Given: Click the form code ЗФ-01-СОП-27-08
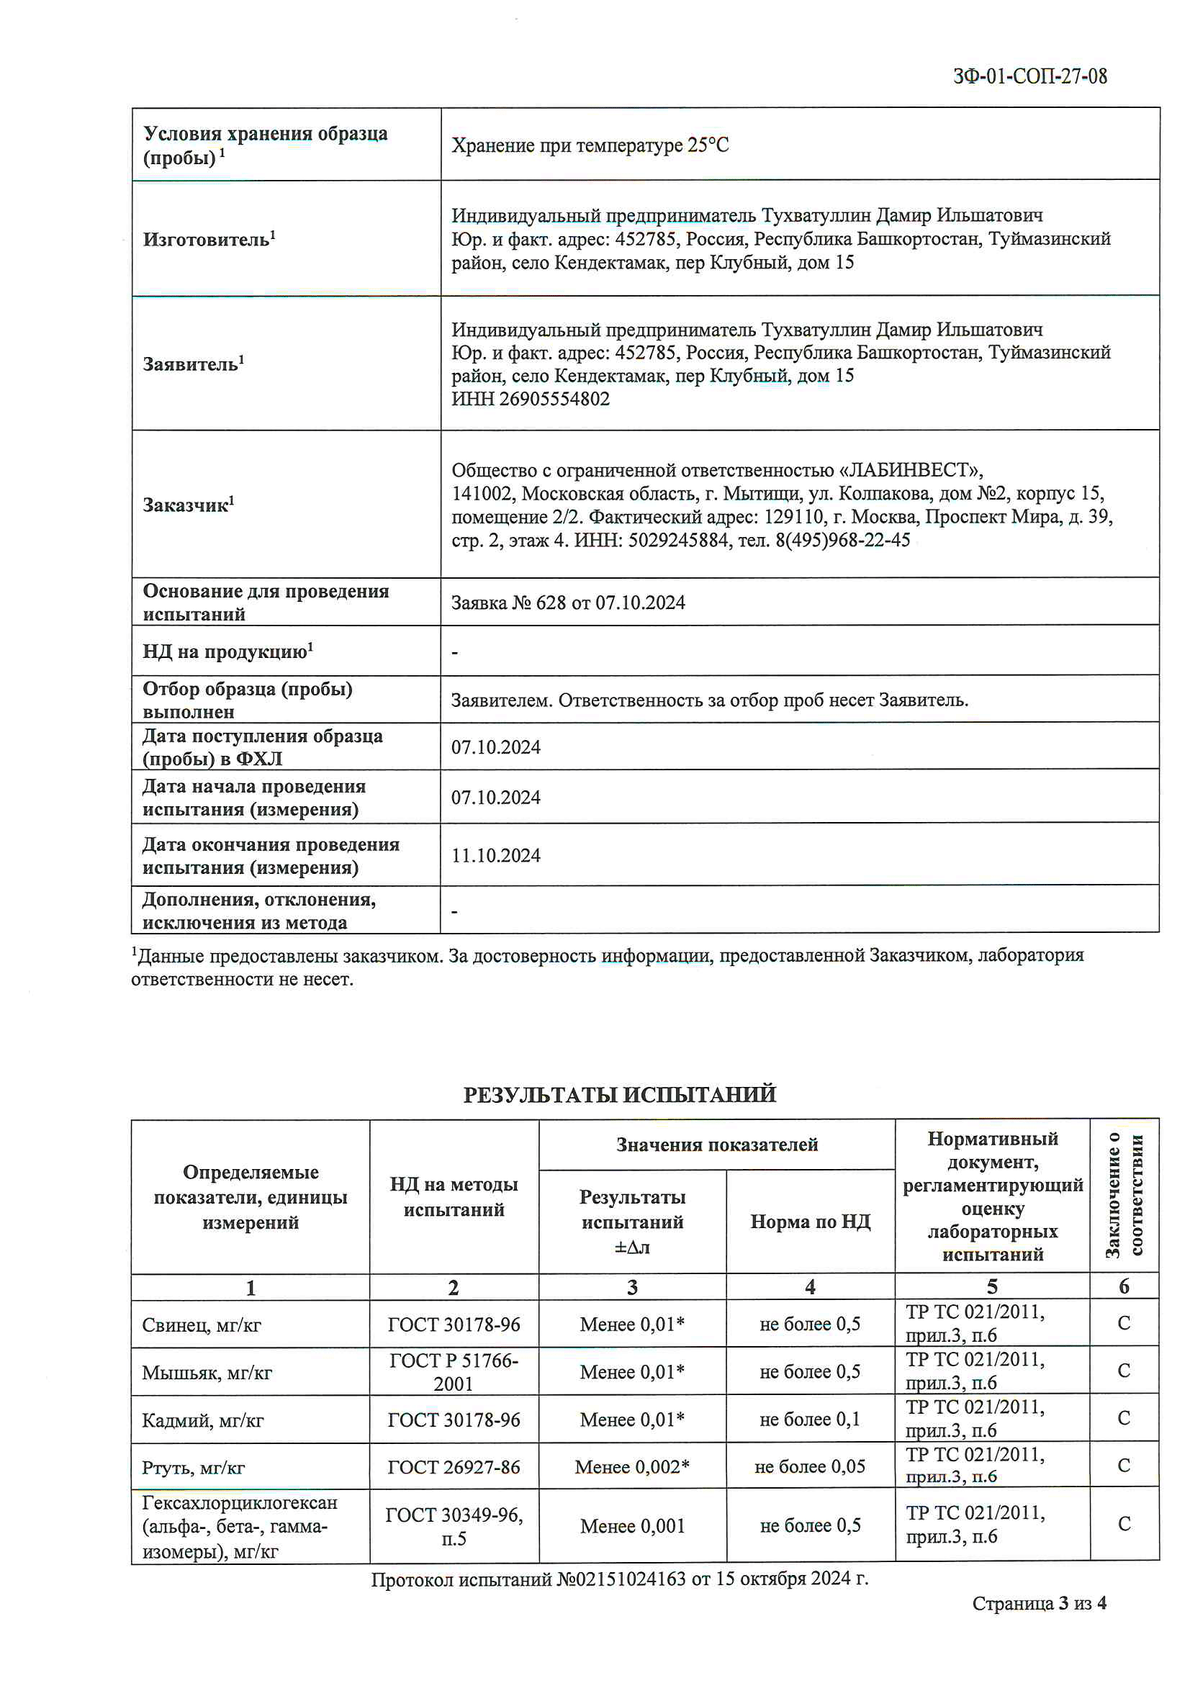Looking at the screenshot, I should click(x=1029, y=76).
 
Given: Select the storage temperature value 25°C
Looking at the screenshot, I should click(x=708, y=145).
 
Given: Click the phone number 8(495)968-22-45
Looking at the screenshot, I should click(x=842, y=540).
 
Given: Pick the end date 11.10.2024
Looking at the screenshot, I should click(x=495, y=855).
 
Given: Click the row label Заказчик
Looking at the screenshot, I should click(x=188, y=505).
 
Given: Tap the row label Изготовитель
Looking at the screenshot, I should click(x=208, y=240).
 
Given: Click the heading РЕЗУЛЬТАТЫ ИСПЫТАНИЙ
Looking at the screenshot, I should click(x=620, y=1095).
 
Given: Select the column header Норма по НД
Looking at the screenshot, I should click(x=810, y=1222).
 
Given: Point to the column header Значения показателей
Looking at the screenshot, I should click(x=716, y=1145).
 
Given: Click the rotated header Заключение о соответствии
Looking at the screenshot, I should click(x=1124, y=1196).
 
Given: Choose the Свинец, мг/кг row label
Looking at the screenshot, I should click(x=202, y=1325).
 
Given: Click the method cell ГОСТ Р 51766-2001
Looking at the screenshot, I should click(x=454, y=1372).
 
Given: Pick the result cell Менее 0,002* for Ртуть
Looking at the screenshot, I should click(x=632, y=1467).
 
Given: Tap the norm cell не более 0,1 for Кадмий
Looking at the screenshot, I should click(x=809, y=1420).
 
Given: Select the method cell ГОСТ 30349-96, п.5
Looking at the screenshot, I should click(x=454, y=1526).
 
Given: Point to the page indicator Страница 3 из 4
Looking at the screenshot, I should click(x=1039, y=1604).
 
